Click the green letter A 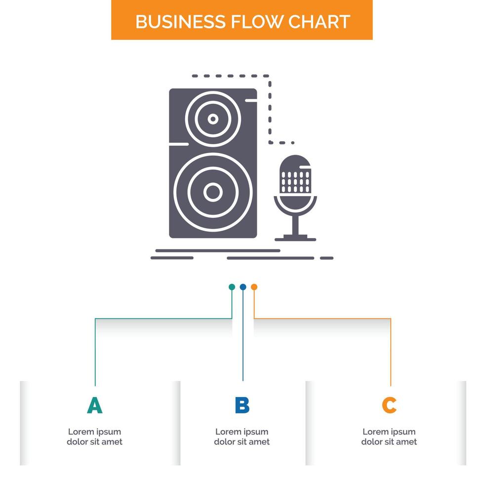coord(94,405)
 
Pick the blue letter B coord(242,405)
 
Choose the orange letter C coord(389,405)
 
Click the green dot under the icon coord(232,287)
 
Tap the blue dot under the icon coord(242,287)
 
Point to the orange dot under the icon coord(254,287)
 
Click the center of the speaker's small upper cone coord(213,119)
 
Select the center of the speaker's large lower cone coord(213,192)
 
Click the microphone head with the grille coord(295,175)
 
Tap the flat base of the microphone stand coord(295,239)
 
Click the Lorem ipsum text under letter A coord(94,437)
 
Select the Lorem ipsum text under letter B coord(242,437)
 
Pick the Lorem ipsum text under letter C coord(389,437)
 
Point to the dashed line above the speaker coord(230,76)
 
